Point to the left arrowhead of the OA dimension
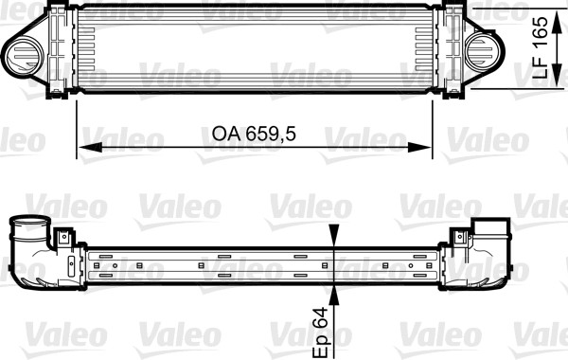click(x=83, y=148)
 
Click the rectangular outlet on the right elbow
click(x=491, y=227)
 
